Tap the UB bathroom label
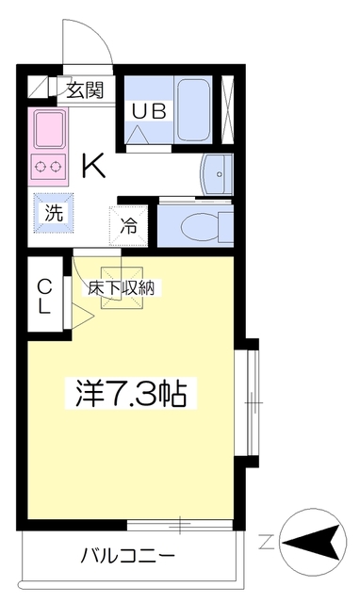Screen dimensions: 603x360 pos(149,110)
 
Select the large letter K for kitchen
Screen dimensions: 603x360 pos(92,166)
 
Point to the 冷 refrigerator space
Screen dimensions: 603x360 pos(127,226)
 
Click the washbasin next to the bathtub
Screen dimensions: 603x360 pos(217,173)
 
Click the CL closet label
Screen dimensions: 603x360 pos(44,296)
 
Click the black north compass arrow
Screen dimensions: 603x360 pos(312,542)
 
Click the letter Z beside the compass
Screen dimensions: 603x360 pos(267,542)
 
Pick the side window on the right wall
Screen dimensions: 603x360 pos(251,402)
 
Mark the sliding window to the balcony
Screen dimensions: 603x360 pos(179,522)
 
